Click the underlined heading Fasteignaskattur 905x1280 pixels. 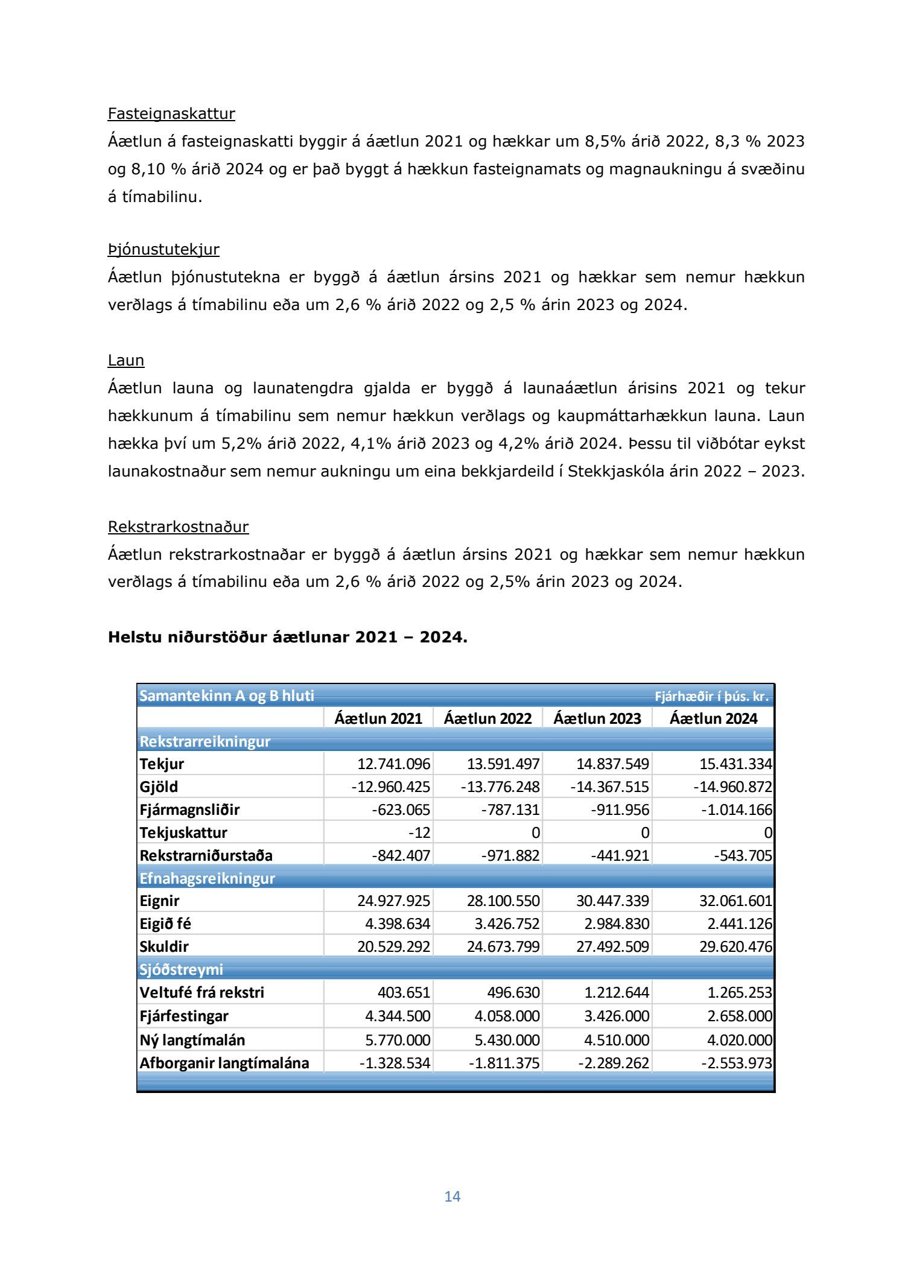[x=171, y=113]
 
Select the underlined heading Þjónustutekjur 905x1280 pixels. [x=164, y=249]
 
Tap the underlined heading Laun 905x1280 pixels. [x=126, y=360]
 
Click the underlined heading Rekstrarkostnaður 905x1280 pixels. [x=178, y=527]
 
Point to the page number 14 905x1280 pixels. [x=453, y=1196]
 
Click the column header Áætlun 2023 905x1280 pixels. [x=597, y=718]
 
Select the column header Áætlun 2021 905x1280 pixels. [x=378, y=718]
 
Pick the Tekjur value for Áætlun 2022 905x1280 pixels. [x=503, y=764]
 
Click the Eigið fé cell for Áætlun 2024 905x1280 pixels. [x=735, y=924]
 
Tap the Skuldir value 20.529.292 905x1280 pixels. [x=393, y=947]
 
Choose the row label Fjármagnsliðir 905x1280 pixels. [x=189, y=810]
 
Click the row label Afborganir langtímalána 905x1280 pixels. [x=224, y=1063]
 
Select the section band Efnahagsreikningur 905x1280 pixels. [x=207, y=878]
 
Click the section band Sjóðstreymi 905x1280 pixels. [x=181, y=969]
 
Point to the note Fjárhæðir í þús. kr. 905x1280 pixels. [x=711, y=697]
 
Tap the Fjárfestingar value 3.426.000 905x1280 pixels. [x=617, y=1016]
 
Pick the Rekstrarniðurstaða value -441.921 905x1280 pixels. [x=620, y=856]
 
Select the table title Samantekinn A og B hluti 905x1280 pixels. [x=227, y=696]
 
